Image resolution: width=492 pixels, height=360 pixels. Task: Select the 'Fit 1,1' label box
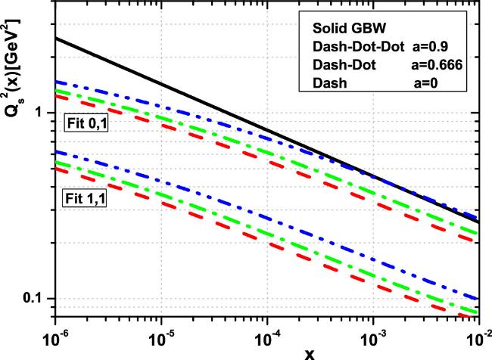[83, 200]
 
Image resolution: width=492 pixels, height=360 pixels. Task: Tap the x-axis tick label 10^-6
[56, 337]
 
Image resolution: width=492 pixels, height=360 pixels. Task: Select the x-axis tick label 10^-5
[160, 337]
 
